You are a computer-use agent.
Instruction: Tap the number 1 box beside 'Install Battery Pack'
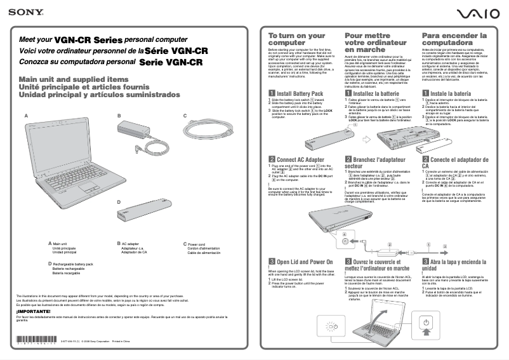pyautogui.click(x=272, y=93)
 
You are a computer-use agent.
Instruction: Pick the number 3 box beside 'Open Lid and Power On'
pyautogui.click(x=272, y=262)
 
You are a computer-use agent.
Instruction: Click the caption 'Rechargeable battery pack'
pyautogui.click(x=72, y=263)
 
